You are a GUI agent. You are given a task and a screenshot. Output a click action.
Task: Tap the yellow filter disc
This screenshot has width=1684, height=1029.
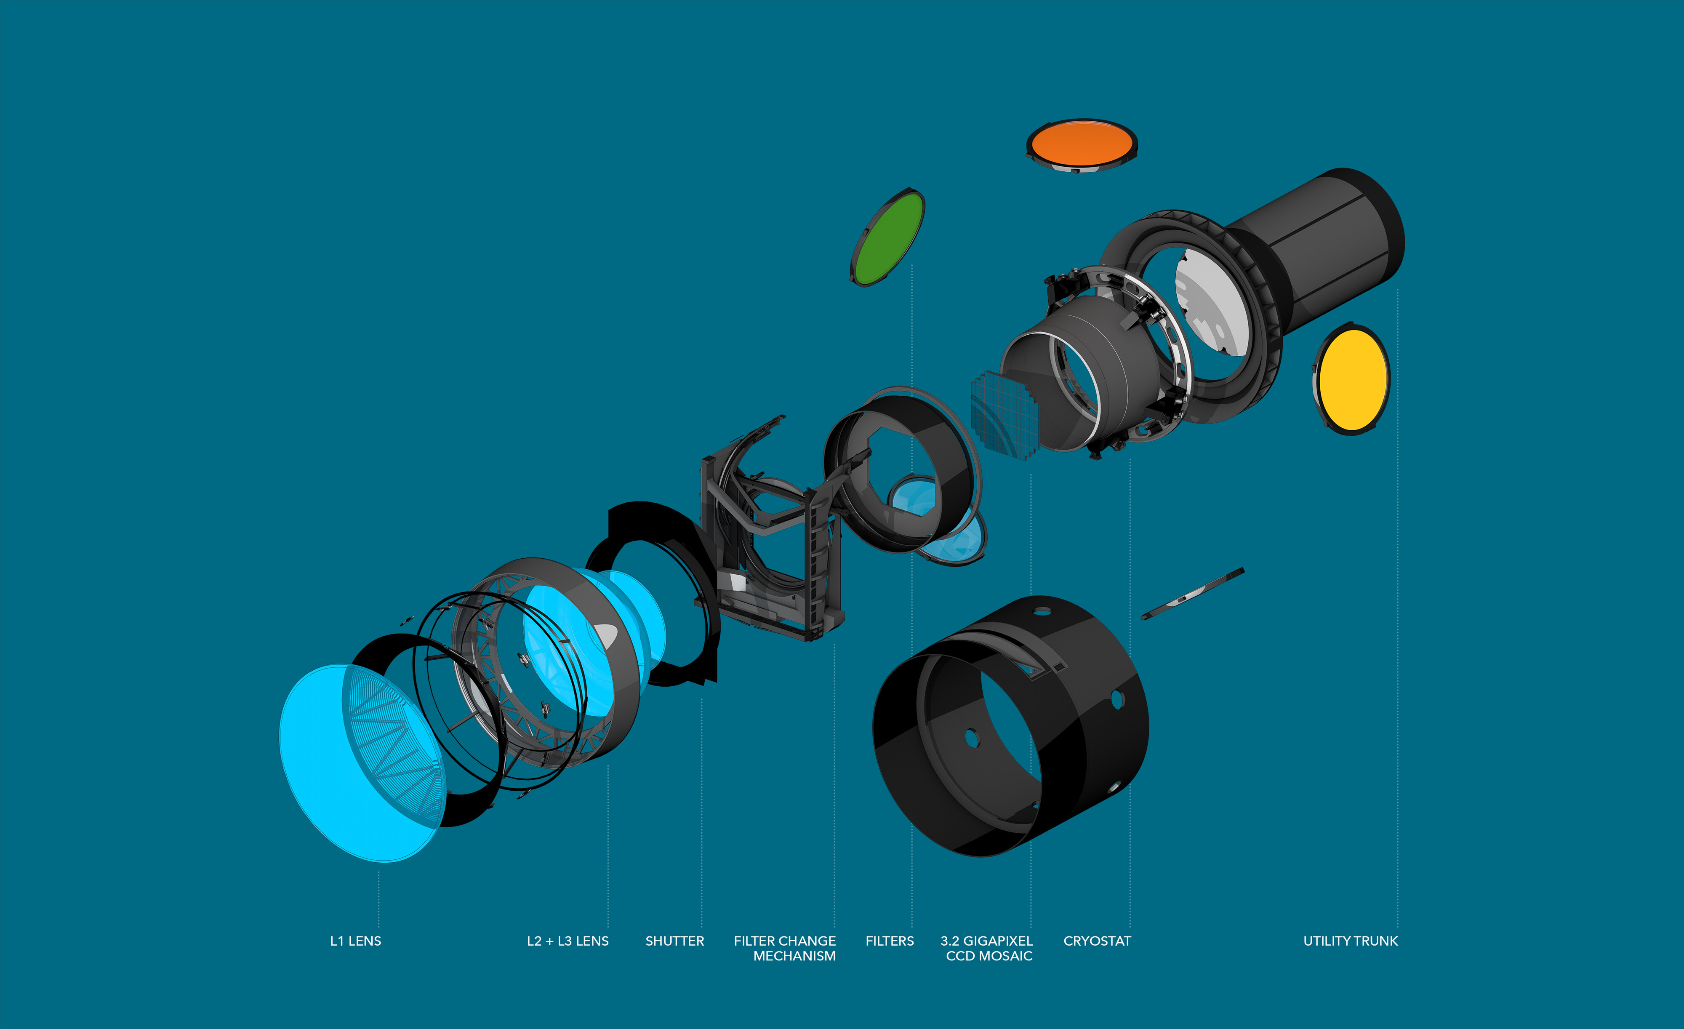click(x=1352, y=379)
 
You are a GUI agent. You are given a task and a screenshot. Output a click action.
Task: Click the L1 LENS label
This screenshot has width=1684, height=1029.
click(x=355, y=941)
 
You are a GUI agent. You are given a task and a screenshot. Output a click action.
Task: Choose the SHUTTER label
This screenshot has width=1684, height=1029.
click(x=674, y=941)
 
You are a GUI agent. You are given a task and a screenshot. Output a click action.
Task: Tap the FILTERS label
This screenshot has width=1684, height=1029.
click(x=889, y=941)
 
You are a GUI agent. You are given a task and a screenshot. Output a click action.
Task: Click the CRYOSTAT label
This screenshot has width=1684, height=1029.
click(x=1097, y=941)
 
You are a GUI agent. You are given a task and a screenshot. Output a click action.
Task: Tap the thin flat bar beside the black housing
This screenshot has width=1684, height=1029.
click(x=1193, y=594)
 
